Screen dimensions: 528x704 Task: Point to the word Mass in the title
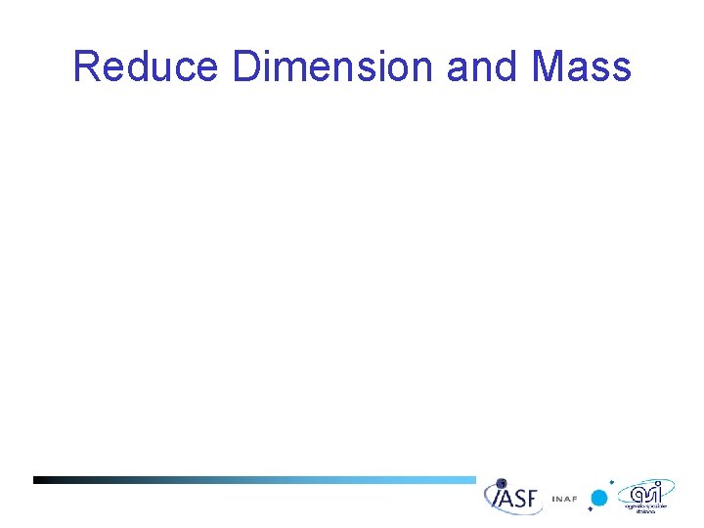(582, 67)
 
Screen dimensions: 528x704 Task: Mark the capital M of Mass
(550, 67)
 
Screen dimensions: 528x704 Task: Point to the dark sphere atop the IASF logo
(502, 483)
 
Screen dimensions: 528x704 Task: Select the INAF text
(564, 499)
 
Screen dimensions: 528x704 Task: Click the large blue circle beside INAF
(599, 499)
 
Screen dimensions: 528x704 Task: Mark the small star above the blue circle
(612, 482)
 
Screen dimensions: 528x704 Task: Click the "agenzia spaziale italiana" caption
(646, 507)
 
